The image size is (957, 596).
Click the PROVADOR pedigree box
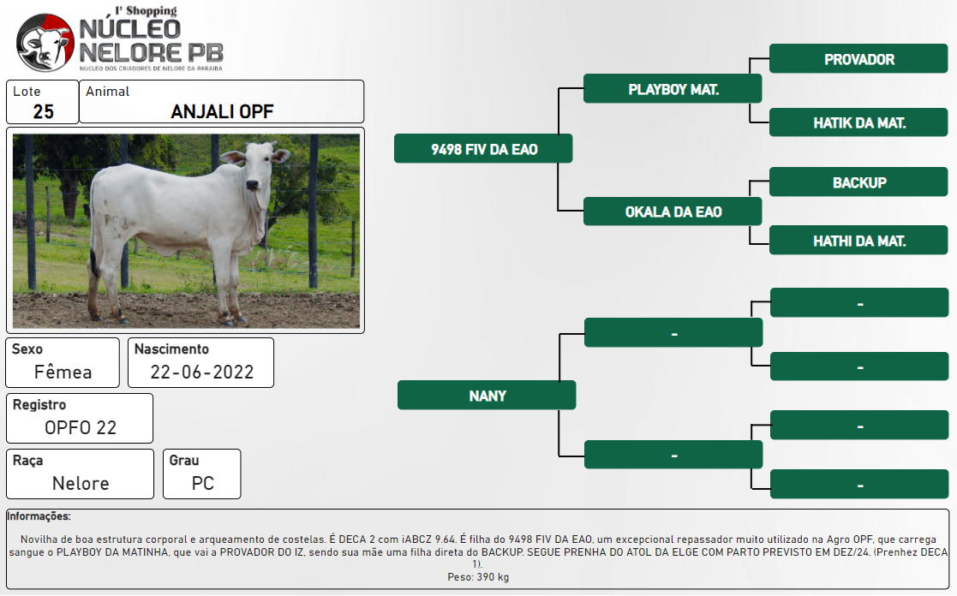tap(858, 58)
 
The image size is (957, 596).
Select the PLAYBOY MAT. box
tap(673, 89)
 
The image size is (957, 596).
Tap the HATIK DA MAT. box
tap(858, 122)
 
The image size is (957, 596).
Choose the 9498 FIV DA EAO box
tap(483, 149)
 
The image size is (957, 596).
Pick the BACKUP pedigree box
tap(858, 182)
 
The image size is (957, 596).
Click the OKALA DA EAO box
tap(673, 212)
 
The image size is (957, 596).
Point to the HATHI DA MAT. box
tap(858, 241)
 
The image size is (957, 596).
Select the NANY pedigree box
tap(487, 396)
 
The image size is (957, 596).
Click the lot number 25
tap(44, 111)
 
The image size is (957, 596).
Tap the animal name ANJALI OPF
tap(222, 111)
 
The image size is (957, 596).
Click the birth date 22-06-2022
tap(202, 372)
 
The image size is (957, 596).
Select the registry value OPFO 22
tap(81, 427)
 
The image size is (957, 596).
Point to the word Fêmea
tap(63, 372)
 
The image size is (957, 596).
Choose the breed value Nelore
tap(81, 483)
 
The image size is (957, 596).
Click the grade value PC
tap(203, 483)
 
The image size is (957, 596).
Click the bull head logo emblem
tap(45, 43)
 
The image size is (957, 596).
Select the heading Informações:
tap(39, 516)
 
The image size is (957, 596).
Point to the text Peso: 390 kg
tap(478, 577)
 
